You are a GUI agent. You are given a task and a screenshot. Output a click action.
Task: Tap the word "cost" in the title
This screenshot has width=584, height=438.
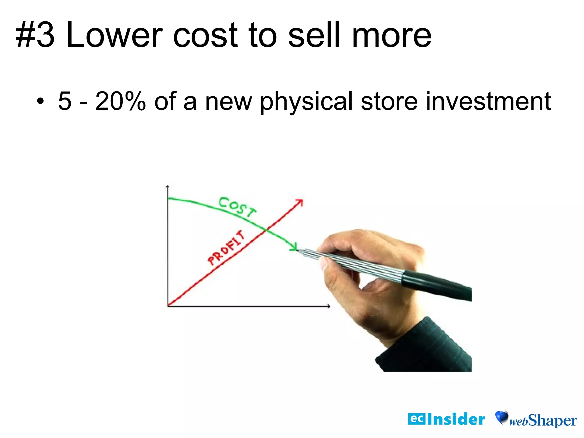205,36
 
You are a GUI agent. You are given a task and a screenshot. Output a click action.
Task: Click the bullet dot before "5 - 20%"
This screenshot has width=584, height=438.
40,101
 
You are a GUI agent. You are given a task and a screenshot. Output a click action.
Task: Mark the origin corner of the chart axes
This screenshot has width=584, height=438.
168,306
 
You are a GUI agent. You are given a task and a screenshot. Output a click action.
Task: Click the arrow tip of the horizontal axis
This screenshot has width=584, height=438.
329,306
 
